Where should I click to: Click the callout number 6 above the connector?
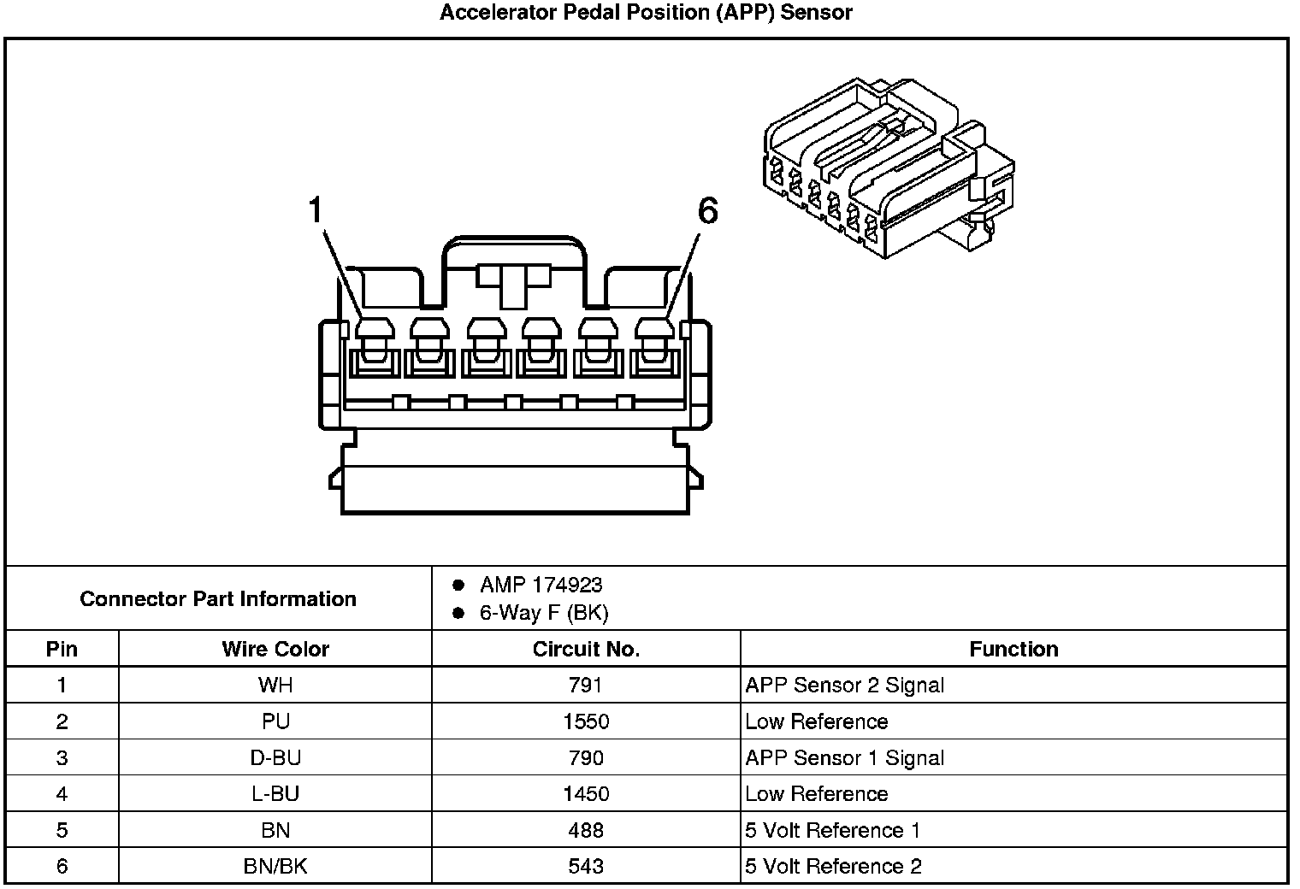(707, 211)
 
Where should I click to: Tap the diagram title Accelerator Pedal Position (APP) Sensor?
(646, 13)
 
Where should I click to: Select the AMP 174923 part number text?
(541, 585)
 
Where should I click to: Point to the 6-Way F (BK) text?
(544, 613)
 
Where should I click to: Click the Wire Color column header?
(275, 649)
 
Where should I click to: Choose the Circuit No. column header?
(586, 649)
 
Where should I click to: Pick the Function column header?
(1013, 649)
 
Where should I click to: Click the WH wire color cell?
(275, 686)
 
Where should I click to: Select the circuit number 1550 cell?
(586, 721)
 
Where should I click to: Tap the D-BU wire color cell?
(275, 758)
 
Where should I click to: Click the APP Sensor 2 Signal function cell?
(844, 686)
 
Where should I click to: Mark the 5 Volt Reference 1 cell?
(832, 830)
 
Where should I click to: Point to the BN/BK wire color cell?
(275, 867)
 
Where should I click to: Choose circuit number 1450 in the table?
(586, 794)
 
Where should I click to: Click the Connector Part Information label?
(218, 598)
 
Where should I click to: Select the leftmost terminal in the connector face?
(375, 348)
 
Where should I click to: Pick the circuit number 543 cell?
(586, 867)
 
